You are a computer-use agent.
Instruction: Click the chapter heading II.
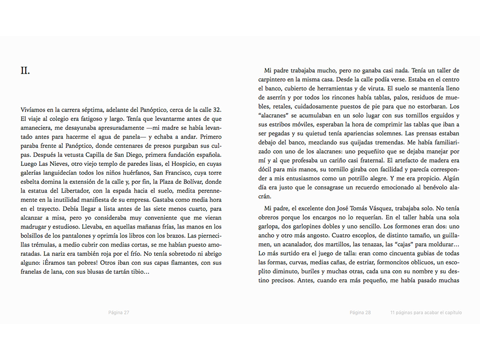(x=25, y=71)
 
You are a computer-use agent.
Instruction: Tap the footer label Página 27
(x=119, y=313)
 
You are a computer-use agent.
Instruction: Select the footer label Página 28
(x=360, y=313)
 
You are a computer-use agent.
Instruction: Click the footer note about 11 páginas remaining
(x=426, y=313)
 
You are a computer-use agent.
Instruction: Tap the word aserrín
(x=269, y=97)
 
